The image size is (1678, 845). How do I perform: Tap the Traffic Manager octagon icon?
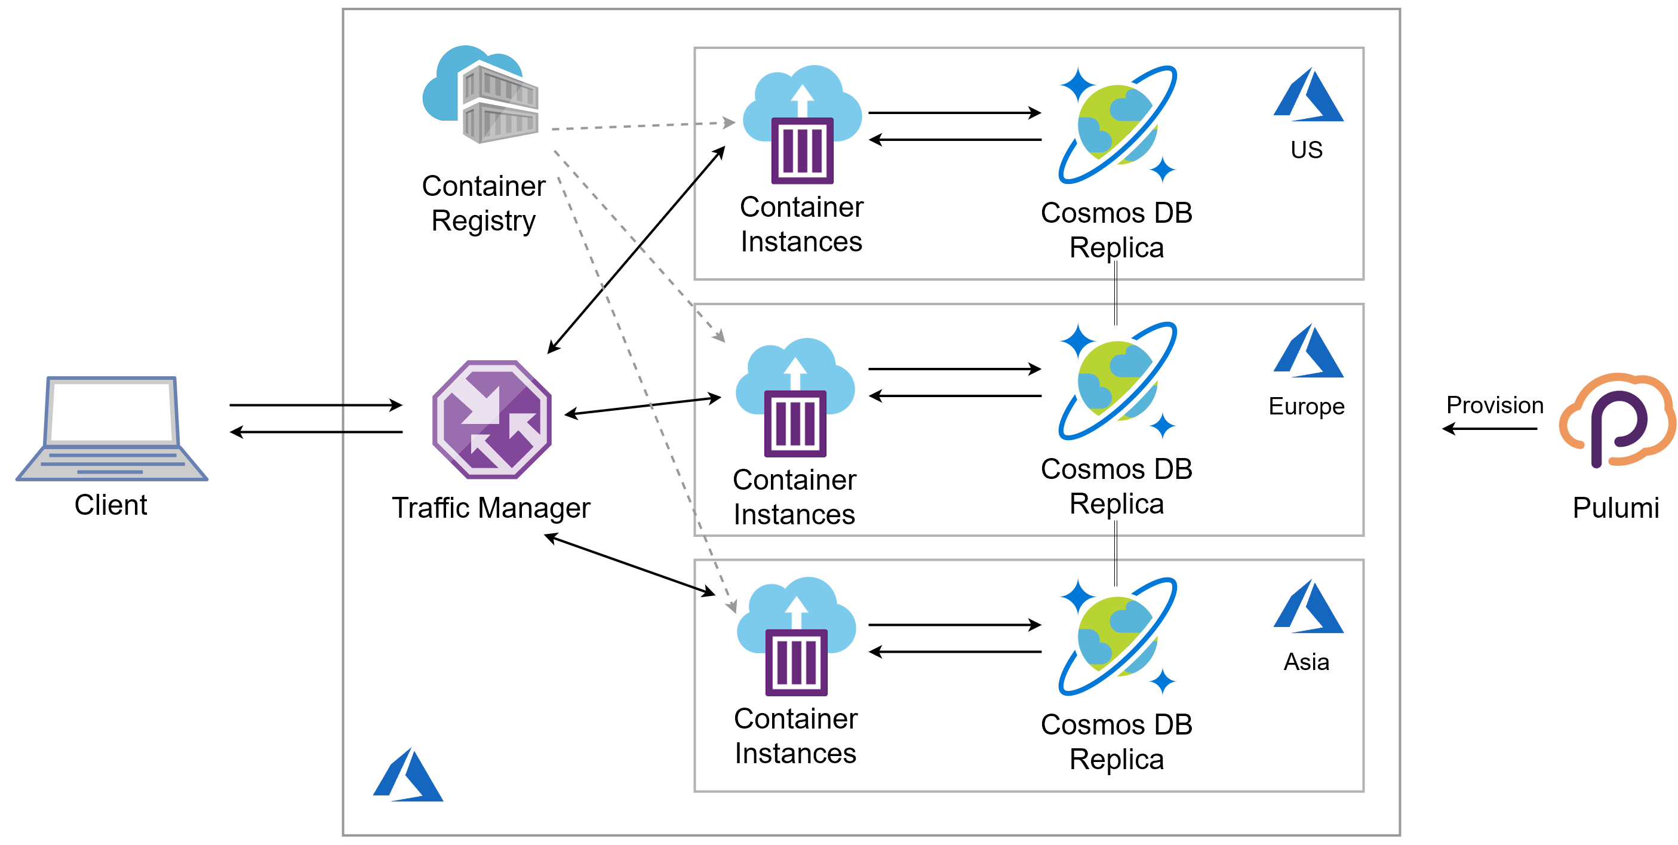[x=492, y=420]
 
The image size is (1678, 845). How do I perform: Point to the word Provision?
[x=1494, y=405]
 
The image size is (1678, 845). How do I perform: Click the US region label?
[x=1306, y=150]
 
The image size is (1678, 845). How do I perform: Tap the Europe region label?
[x=1306, y=406]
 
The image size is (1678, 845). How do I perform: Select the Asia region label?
[x=1306, y=662]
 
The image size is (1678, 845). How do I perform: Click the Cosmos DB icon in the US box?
[x=1117, y=124]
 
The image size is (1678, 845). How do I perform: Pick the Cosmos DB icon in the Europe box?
[x=1117, y=380]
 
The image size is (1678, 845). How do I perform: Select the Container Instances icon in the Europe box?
[x=795, y=398]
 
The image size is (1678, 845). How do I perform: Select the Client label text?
[x=110, y=505]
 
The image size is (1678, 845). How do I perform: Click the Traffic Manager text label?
[x=490, y=508]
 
